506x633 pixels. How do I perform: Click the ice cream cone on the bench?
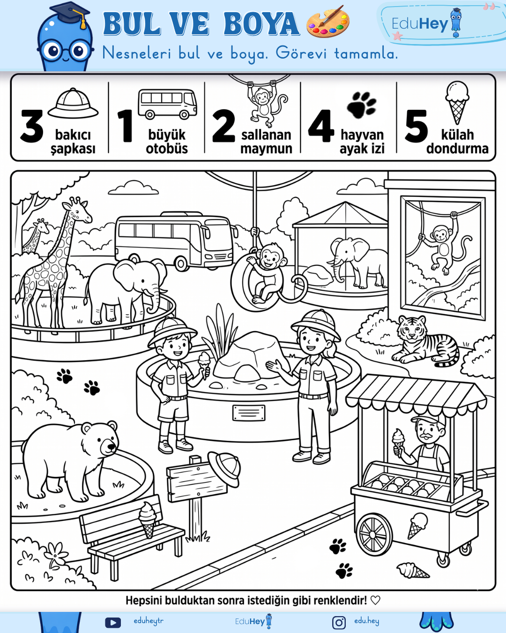147,520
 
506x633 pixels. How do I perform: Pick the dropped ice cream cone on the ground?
412,570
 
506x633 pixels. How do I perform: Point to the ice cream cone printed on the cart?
417,525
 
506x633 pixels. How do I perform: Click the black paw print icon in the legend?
361,105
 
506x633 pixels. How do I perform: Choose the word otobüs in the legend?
167,149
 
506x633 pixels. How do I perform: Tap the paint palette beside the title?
328,22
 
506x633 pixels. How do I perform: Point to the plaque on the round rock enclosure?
249,413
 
